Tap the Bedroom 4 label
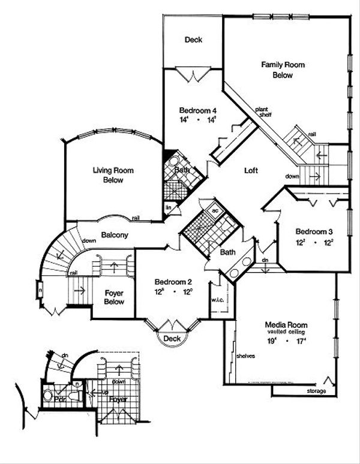(197, 111)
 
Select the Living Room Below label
(113, 175)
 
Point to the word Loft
(251, 170)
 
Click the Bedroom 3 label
(310, 231)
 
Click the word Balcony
(114, 236)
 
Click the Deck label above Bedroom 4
(193, 40)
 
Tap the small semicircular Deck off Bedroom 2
(172, 339)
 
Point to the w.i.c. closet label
(217, 300)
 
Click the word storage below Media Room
(317, 391)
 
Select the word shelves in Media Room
(246, 356)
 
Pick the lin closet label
(169, 207)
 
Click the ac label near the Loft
(215, 210)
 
